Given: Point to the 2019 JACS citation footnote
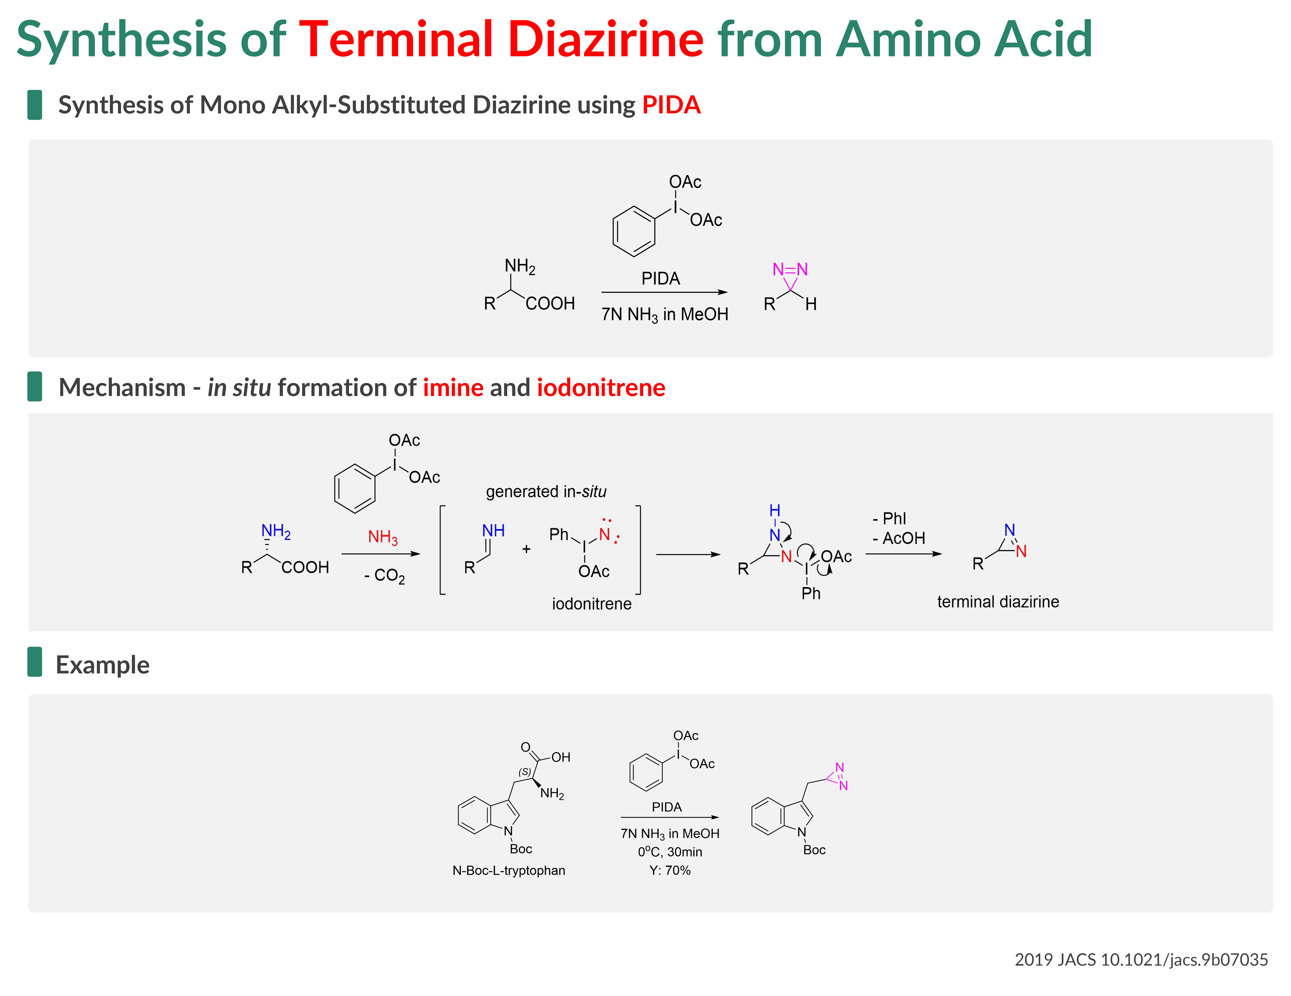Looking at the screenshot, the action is click(x=1141, y=959).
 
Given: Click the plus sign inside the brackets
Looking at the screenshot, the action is click(x=526, y=549).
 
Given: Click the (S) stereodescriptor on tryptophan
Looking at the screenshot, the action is click(x=524, y=772).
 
